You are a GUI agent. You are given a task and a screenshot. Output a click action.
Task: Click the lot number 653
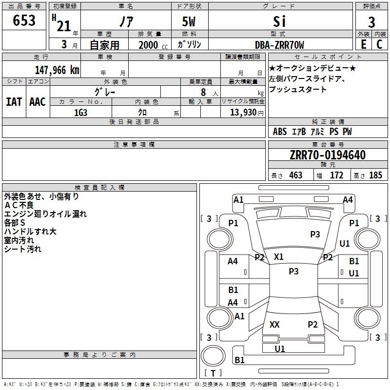[x=24, y=20]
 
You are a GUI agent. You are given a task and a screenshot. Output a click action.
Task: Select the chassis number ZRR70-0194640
[x=328, y=156]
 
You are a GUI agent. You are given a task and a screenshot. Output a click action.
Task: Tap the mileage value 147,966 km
[x=57, y=70]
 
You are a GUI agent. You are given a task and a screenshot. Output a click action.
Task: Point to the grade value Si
[x=279, y=22]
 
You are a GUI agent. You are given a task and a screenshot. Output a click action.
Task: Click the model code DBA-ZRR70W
[x=279, y=45]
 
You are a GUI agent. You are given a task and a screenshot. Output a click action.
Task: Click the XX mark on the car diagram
[x=274, y=324]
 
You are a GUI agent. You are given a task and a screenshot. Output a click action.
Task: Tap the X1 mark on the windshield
[x=279, y=256]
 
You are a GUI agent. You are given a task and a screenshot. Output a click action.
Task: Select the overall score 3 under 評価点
[x=371, y=22]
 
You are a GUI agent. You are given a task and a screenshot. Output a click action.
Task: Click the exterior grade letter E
[x=363, y=45]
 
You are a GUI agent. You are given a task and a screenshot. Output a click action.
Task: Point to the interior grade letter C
[x=379, y=45]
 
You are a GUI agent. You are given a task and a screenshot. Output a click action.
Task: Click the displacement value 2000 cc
[x=148, y=45]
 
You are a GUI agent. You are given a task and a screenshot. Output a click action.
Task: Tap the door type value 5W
[x=189, y=22]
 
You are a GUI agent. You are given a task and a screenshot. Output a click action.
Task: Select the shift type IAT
[x=14, y=102]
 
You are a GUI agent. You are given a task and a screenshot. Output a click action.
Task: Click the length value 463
[x=295, y=175]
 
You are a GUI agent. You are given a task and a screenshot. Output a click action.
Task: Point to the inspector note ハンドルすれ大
[x=30, y=232]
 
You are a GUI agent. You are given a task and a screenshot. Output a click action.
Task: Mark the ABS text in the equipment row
[x=280, y=132]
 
